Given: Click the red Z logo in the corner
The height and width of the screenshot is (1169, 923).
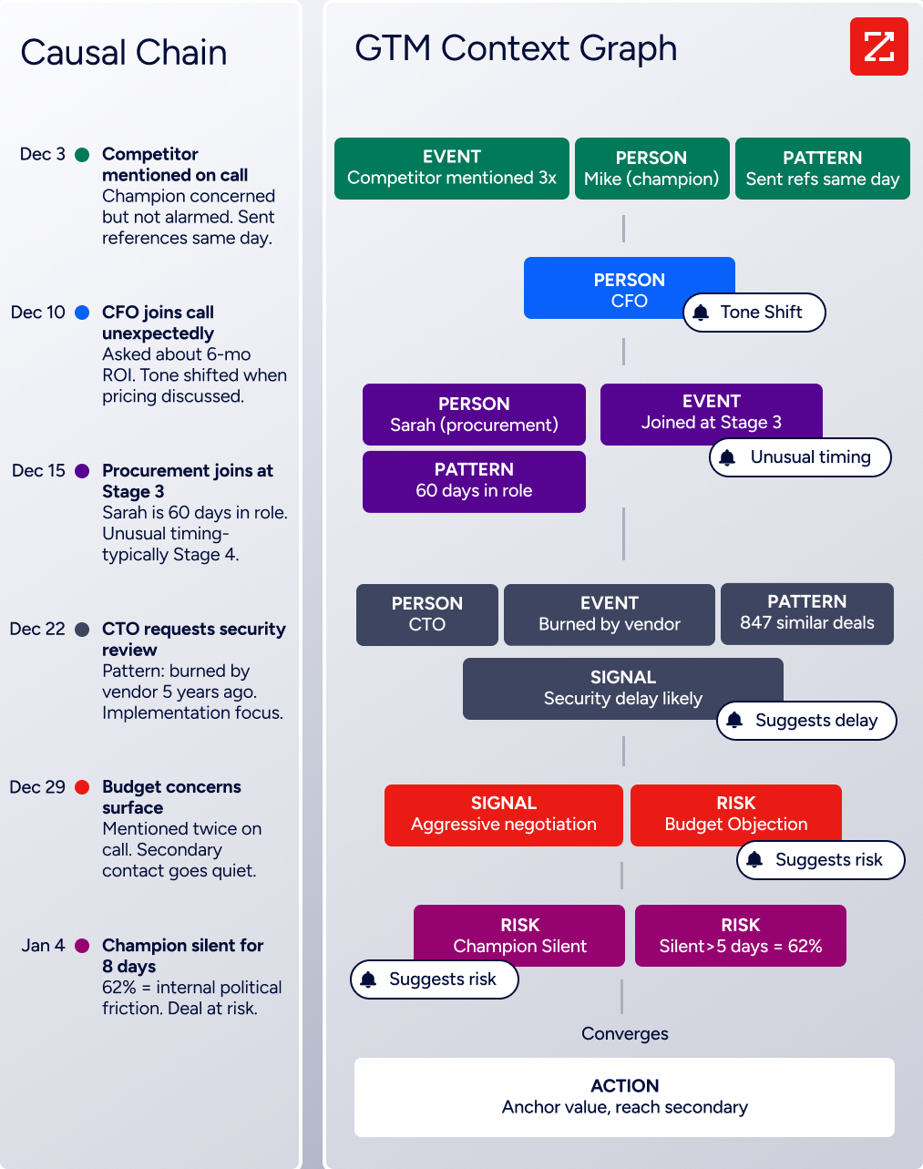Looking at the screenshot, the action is [878, 46].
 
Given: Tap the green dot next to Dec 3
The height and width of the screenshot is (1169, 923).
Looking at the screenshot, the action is [82, 155].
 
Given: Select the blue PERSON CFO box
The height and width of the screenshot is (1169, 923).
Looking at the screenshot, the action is [629, 288].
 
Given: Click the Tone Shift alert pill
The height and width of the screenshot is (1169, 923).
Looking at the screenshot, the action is [754, 313].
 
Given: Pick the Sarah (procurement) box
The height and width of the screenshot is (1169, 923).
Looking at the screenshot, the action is [474, 415].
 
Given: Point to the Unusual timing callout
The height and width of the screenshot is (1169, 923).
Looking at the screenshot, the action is [800, 457].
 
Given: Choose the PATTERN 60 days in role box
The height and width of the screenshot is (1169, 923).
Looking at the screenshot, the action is [474, 481].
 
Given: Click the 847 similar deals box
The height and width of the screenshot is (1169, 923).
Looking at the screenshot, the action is [806, 614].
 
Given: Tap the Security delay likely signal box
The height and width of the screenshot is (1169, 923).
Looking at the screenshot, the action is [622, 689].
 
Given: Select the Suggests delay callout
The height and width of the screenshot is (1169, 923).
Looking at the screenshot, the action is [806, 721].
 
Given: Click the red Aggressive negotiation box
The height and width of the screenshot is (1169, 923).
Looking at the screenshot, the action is [504, 815].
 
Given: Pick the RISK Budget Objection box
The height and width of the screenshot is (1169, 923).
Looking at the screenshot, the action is [735, 815].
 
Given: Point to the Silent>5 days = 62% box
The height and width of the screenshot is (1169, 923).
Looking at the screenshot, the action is [741, 936].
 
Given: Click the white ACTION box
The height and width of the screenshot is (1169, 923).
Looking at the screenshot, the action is [624, 1097].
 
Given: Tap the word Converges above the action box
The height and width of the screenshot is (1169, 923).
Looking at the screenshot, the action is [624, 1033].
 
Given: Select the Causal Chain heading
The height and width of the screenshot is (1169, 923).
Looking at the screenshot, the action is [123, 53].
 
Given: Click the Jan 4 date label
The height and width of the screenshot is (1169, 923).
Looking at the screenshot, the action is [43, 945].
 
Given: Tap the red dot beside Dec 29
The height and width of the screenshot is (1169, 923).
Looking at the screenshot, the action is [82, 787].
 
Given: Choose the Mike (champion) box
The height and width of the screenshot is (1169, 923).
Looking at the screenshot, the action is [651, 169].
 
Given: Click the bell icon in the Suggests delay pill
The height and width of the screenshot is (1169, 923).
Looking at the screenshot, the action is [734, 720].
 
